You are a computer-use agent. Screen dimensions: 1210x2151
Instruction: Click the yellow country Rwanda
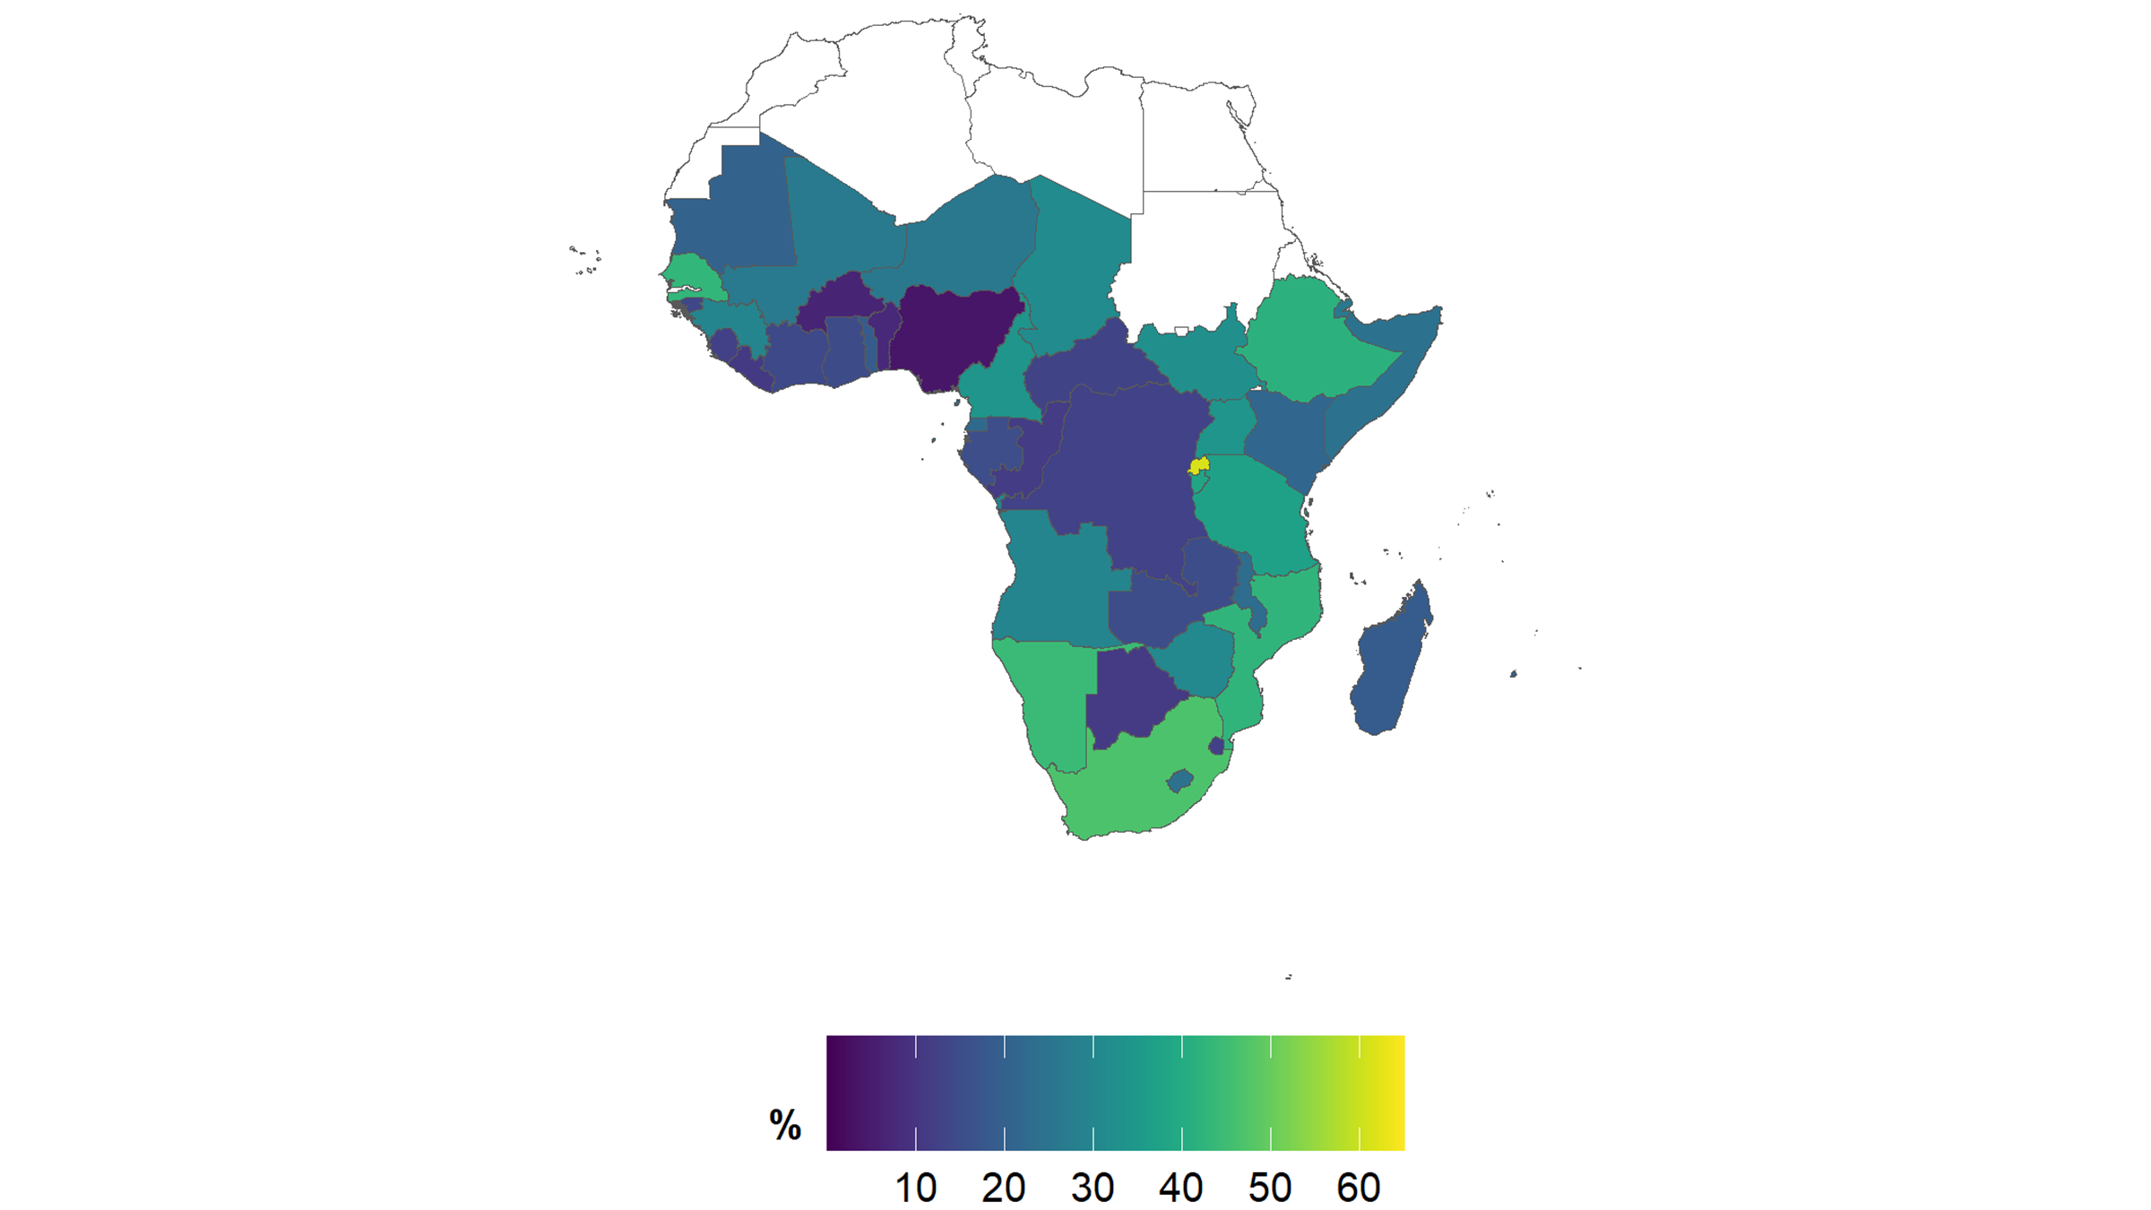(x=1199, y=466)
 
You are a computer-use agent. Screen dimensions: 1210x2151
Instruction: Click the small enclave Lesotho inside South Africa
(x=1180, y=781)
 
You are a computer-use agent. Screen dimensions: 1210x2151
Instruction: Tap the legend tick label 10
(x=915, y=1188)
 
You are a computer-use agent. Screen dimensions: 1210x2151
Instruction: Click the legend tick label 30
(x=1093, y=1188)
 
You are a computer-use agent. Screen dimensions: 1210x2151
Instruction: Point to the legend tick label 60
(x=1359, y=1188)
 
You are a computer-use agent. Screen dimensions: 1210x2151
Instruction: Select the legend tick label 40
(x=1181, y=1188)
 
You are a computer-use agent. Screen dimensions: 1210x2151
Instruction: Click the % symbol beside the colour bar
(x=785, y=1125)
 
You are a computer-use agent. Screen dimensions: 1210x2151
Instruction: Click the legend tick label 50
(x=1270, y=1188)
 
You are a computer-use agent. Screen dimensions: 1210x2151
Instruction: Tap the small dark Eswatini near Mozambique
(x=1216, y=746)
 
